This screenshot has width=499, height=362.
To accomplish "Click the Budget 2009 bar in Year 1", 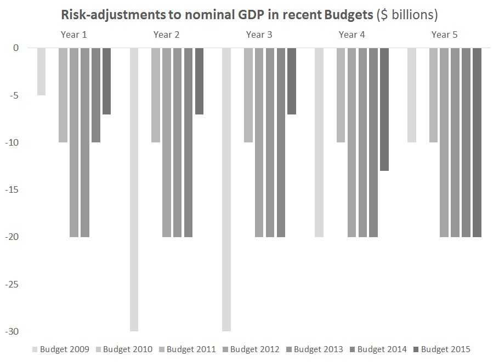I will click(41, 72).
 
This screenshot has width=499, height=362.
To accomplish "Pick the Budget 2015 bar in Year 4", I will click(384, 110).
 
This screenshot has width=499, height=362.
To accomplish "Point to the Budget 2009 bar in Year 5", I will click(412, 95).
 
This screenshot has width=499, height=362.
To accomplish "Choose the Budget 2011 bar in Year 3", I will click(248, 95).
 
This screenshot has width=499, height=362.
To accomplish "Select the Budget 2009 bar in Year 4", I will click(319, 142).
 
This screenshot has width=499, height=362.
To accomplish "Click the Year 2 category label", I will click(166, 35).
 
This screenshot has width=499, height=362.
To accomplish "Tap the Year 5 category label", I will click(444, 35).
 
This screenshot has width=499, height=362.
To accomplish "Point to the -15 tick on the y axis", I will click(13, 190).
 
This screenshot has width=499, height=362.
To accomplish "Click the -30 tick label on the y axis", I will click(13, 332).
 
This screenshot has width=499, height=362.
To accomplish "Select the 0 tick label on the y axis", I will click(16, 48).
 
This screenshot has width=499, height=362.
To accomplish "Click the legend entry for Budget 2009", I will click(61, 349).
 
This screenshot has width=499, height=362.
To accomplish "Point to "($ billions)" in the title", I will click(406, 14).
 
